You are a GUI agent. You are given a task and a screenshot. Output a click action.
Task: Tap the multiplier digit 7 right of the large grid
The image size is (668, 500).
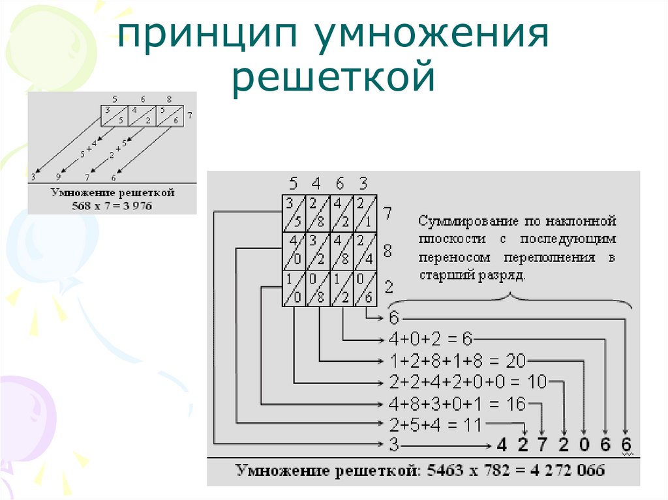387,213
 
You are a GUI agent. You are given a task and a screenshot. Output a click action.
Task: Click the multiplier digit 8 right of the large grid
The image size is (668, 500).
387,250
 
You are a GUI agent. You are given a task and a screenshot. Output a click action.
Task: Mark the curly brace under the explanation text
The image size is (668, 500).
509,301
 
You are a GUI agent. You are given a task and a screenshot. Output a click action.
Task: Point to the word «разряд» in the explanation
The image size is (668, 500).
502,274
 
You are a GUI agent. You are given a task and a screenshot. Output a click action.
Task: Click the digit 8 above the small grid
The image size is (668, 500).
169,100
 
